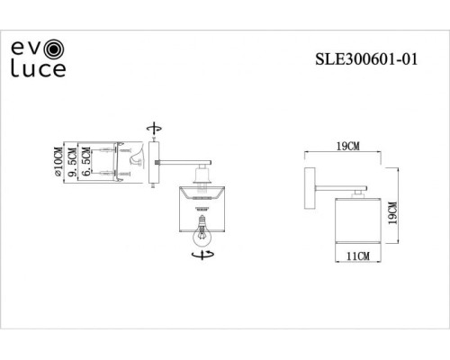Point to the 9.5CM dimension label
pos(71,162)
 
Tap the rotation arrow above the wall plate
pos(156,128)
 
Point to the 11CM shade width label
pos(358,256)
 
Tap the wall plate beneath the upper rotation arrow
pos(156,162)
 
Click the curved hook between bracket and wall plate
pos(136,162)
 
